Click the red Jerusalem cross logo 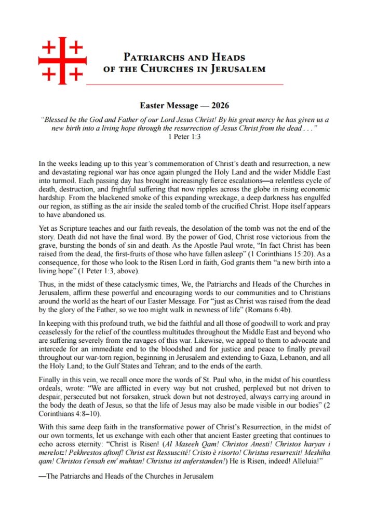[62, 60]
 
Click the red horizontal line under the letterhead [184, 83]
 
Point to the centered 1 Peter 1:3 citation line [184, 136]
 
